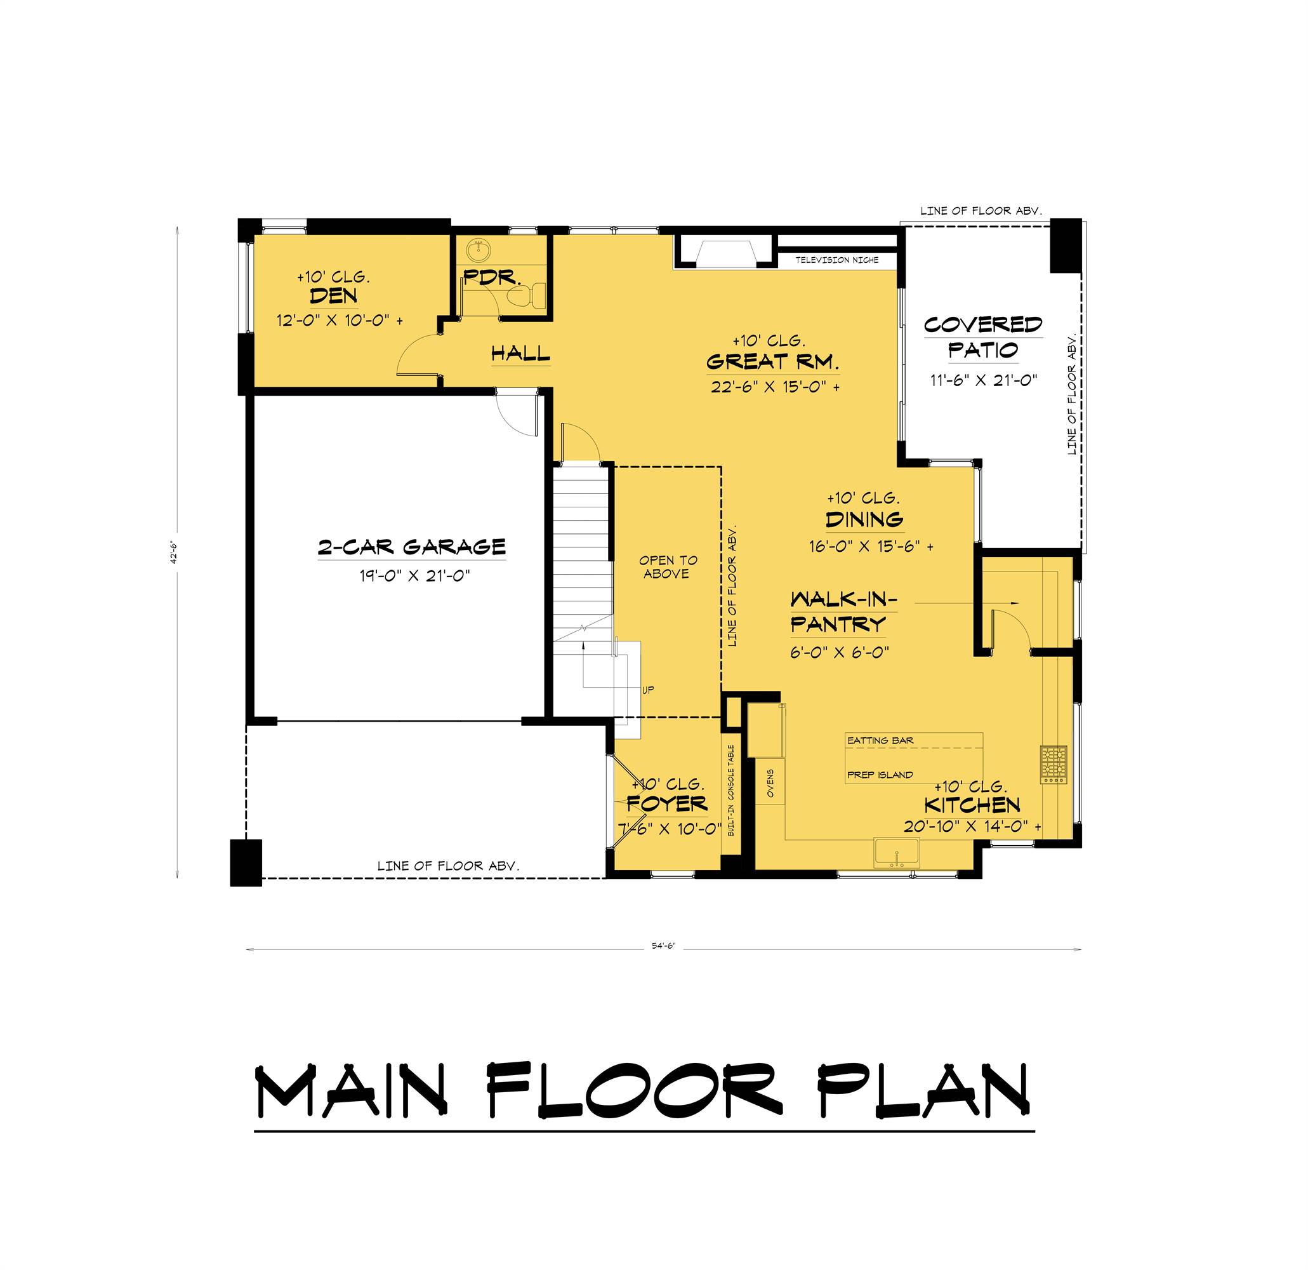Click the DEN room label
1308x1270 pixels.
point(333,296)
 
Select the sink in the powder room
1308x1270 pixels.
point(479,251)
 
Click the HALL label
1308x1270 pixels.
point(520,353)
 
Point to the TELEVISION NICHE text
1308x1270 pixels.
point(837,260)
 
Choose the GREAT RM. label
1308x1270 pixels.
point(773,362)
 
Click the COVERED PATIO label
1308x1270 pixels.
point(983,337)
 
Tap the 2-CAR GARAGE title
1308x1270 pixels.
point(412,547)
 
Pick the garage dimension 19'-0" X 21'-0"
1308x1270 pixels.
point(414,575)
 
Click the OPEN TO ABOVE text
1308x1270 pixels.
point(668,567)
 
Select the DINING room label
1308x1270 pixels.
point(864,519)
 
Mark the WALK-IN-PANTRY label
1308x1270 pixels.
point(839,612)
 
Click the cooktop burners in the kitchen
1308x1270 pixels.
point(1053,765)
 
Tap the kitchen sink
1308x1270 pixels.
point(896,853)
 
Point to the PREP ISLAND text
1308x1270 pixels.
point(880,775)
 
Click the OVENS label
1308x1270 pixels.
point(770,783)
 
